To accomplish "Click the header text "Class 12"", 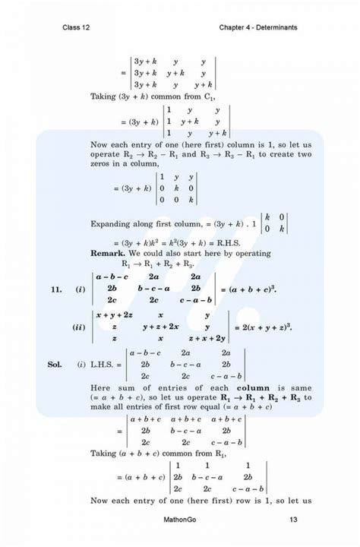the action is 77,28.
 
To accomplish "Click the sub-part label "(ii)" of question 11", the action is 79,327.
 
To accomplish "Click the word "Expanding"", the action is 114,224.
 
